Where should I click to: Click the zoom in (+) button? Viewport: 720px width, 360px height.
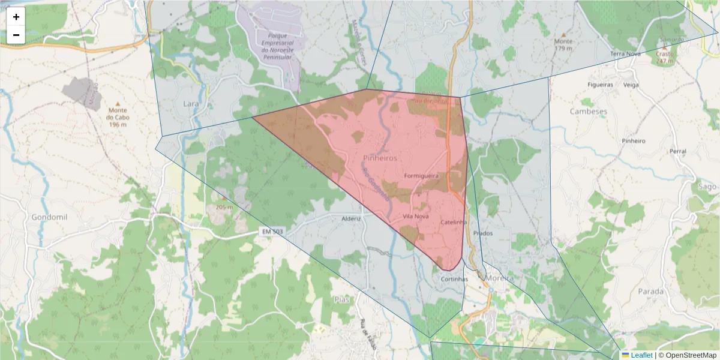16,17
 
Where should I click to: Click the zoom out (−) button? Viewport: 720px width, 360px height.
16,35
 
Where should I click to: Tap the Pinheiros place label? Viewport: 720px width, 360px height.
380,157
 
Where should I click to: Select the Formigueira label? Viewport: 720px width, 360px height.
422,176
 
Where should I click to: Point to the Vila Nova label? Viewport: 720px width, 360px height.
416,216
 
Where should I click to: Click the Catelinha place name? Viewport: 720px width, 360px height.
454,222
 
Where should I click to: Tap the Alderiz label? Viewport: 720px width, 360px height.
351,218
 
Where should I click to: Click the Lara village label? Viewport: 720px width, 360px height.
190,103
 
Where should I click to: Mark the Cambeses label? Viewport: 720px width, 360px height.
588,112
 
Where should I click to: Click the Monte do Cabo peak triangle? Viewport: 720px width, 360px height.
117,104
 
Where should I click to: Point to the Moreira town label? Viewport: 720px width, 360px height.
500,279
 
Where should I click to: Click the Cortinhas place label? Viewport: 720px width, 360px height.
454,279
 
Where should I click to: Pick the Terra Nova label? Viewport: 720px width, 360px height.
626,54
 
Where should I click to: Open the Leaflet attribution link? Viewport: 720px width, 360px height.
641,355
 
